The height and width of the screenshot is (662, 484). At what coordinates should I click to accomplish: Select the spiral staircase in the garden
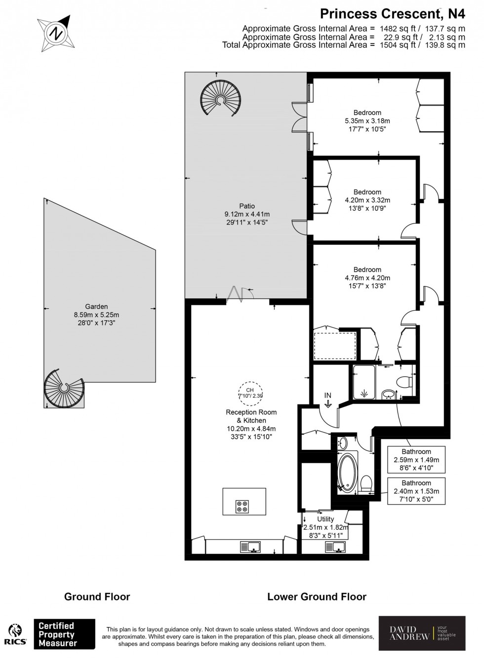pyautogui.click(x=62, y=388)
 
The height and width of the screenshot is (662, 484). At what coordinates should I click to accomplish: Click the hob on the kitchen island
pyautogui.click(x=242, y=507)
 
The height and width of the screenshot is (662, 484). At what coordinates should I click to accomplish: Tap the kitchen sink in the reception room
pyautogui.click(x=250, y=547)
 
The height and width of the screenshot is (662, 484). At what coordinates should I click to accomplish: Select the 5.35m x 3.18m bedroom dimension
pyautogui.click(x=367, y=120)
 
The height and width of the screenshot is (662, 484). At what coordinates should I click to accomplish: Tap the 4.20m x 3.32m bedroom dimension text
pyautogui.click(x=367, y=200)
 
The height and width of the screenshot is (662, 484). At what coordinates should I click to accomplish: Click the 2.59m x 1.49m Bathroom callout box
pyautogui.click(x=416, y=460)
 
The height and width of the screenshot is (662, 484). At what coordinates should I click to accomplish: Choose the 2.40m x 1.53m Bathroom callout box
pyautogui.click(x=416, y=491)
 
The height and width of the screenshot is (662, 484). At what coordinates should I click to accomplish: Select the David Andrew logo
pyautogui.click(x=421, y=633)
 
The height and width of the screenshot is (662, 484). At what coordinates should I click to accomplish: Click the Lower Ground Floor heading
pyautogui.click(x=317, y=597)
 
